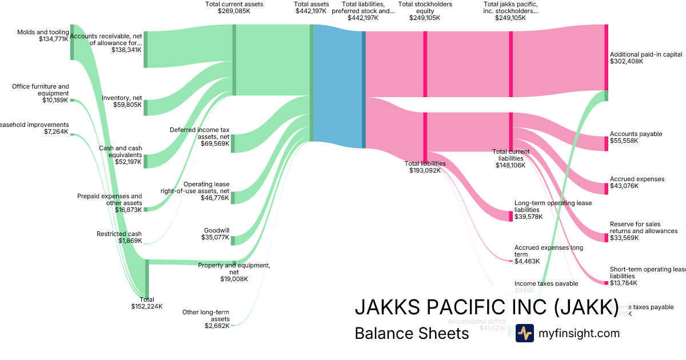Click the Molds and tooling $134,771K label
pos(43,35)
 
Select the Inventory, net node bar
pos(146,107)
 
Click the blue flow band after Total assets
pos(337,86)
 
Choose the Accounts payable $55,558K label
pos(636,137)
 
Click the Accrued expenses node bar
pos(607,189)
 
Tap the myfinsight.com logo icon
pos(524,333)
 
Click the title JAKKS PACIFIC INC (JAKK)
pos(486,307)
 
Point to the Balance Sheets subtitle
pos(412,333)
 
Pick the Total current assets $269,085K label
pos(234,7)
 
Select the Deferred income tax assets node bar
pos(233,143)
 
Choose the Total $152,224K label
pos(146,302)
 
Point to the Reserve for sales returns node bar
pos(607,237)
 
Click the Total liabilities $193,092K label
pos(425,167)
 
